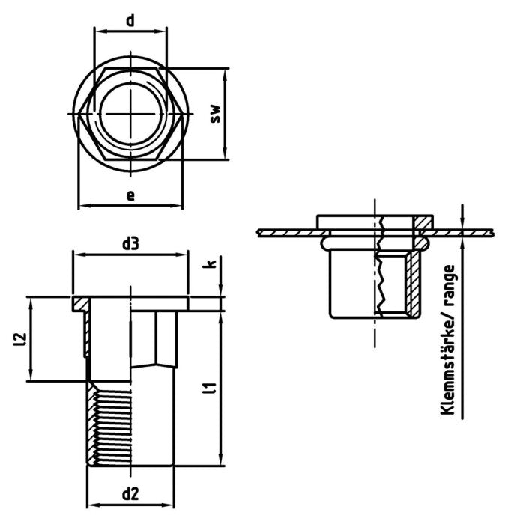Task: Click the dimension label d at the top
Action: click(130, 20)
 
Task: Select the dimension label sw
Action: click(215, 114)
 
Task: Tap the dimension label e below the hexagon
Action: click(130, 195)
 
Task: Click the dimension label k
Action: click(212, 263)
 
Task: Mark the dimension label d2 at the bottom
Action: click(130, 494)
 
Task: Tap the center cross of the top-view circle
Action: click(130, 114)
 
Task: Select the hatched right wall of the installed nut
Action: click(414, 284)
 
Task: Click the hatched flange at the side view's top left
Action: click(80, 305)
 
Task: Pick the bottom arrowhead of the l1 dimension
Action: click(220, 465)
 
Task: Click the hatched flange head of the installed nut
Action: click(425, 222)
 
